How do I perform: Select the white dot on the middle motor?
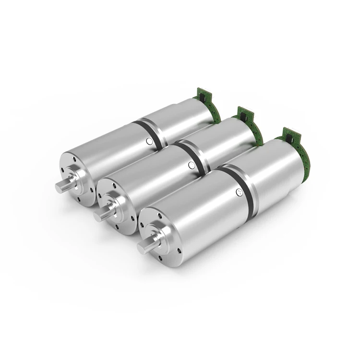(x=192, y=165)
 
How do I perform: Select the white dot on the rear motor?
(x=149, y=141)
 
